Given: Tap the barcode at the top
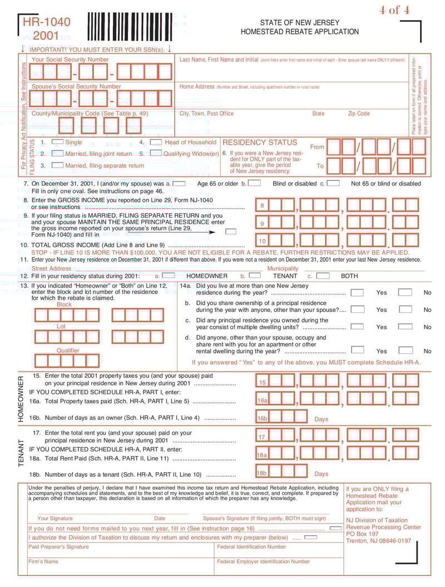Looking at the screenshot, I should click(130, 26).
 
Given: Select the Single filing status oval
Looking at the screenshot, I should click(57, 143).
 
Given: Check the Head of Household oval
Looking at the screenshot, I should click(156, 143).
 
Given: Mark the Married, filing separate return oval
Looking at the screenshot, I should click(57, 165).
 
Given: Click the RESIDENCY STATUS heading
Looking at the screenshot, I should click(260, 143).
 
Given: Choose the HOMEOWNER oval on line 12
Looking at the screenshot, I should click(169, 276).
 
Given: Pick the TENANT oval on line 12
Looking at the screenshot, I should click(255, 276).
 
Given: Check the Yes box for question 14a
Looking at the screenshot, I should click(357, 292).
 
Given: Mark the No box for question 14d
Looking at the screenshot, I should click(406, 351).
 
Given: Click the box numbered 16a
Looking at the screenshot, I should click(262, 400).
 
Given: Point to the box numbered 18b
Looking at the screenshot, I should click(261, 473).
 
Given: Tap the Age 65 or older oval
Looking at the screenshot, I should click(179, 183).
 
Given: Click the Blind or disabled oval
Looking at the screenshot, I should click(255, 183).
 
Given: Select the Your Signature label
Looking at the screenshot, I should click(55, 518).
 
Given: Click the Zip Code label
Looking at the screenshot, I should click(359, 114).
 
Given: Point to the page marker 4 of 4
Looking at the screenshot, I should click(394, 9).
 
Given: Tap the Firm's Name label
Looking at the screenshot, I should click(43, 561).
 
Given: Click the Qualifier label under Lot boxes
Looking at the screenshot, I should click(68, 350).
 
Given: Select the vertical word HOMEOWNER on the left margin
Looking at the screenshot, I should click(21, 399).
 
